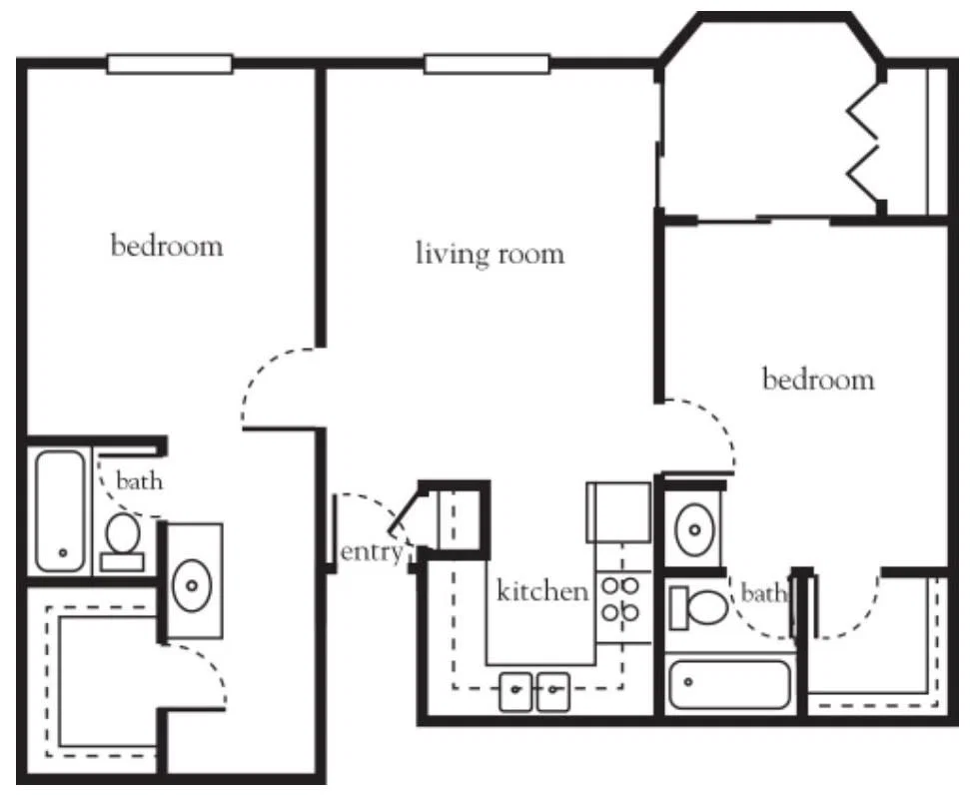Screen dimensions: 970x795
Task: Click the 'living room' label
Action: tap(489, 254)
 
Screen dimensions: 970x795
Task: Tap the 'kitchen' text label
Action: tap(542, 591)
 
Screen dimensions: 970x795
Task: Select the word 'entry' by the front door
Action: tap(372, 552)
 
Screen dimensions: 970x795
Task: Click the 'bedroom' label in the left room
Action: tap(167, 246)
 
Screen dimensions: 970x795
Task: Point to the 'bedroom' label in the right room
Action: tap(818, 379)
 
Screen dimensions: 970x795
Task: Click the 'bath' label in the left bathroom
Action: tap(140, 480)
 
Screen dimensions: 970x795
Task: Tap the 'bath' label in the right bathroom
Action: tap(763, 593)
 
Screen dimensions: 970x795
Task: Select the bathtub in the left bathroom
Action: tap(61, 511)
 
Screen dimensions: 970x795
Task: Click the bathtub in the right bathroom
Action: tap(730, 684)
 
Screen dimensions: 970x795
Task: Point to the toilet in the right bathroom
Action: tap(699, 607)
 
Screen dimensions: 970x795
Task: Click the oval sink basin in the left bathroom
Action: tap(193, 584)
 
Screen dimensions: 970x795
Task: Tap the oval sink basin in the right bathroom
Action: tap(694, 529)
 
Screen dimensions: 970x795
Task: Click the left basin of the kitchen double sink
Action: tap(515, 692)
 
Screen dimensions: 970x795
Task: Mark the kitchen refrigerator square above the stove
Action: tap(618, 512)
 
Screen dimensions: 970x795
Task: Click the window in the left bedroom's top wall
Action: tap(170, 64)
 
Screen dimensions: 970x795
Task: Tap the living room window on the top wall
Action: tap(486, 64)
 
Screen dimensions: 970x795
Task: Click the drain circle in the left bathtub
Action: tap(62, 552)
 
